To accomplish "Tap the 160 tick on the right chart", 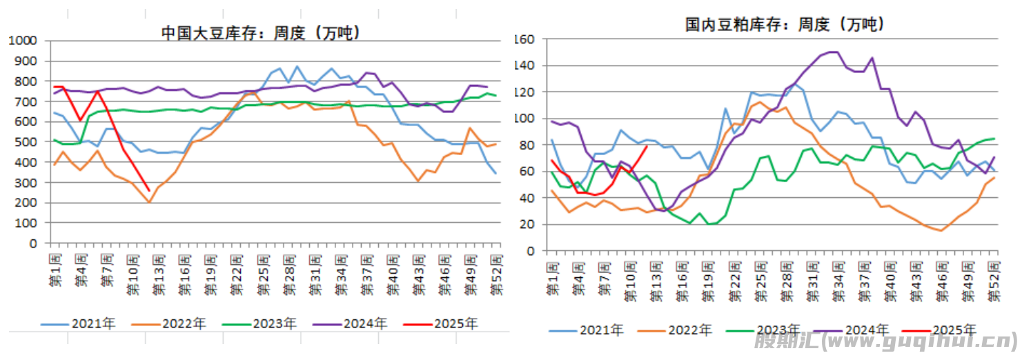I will click(525, 39).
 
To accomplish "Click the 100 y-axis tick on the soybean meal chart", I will click(525, 119).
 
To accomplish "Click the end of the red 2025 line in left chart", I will click(149, 191).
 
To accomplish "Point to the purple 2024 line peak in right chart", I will click(831, 52).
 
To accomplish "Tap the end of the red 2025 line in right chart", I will click(646, 146).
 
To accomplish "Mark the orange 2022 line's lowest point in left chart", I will click(149, 202).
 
